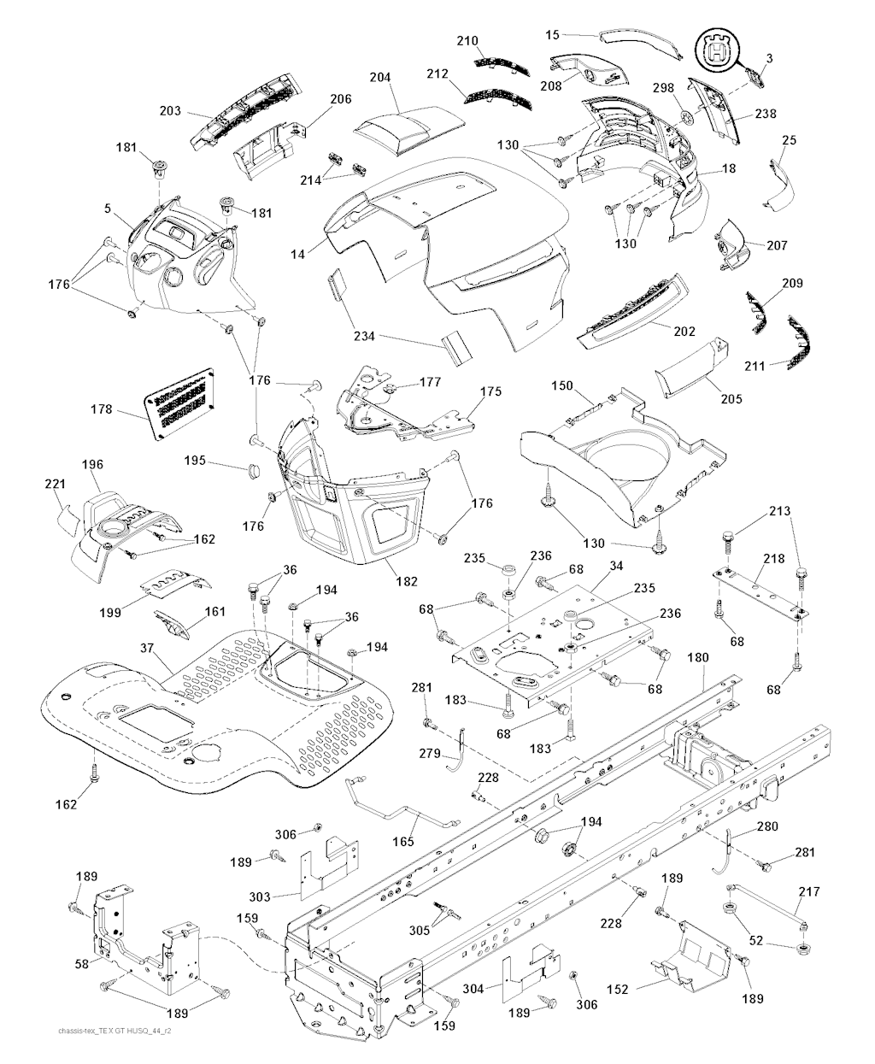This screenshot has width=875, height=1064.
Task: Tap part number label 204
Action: [380, 78]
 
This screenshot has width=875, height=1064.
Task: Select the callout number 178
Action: [102, 410]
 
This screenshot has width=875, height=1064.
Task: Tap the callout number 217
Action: [808, 891]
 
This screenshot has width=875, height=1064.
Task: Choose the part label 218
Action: [774, 559]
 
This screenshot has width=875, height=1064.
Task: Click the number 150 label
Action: [561, 386]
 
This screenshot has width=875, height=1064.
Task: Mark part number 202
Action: [684, 332]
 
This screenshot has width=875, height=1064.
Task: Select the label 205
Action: [731, 398]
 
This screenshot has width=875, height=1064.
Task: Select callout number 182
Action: [407, 581]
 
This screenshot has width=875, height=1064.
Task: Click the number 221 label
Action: [55, 485]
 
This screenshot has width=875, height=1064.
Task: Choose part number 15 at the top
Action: [552, 34]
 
